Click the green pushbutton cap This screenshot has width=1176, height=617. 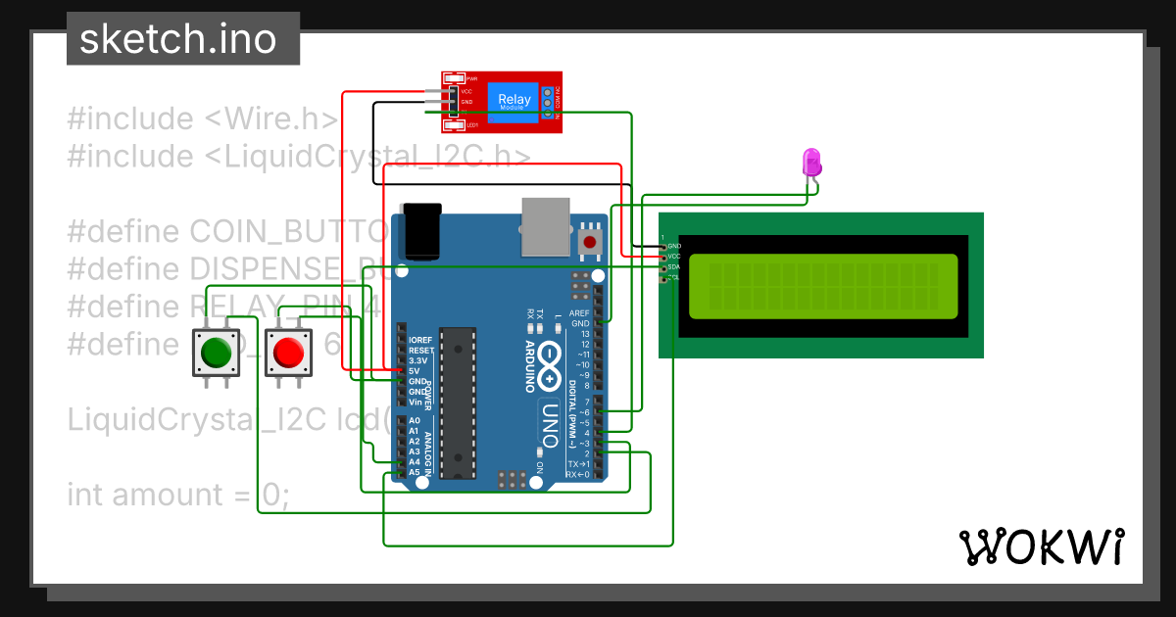215,352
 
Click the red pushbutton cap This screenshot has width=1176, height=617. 288,352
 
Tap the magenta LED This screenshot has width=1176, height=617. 811,162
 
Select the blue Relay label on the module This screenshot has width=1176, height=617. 514,100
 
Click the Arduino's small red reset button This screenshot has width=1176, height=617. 590,241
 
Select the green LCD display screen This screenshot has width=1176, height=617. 822,287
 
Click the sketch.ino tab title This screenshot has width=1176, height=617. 177,39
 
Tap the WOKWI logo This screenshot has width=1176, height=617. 1040,547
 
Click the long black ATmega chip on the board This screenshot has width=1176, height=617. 458,403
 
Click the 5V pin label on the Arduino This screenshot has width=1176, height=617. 414,371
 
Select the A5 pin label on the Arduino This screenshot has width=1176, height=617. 414,471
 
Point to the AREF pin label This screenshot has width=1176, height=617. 579,312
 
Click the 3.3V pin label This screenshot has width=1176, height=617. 419,360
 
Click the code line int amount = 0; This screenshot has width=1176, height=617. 177,495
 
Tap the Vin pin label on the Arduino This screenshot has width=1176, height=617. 416,403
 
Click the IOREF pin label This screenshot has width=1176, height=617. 419,340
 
